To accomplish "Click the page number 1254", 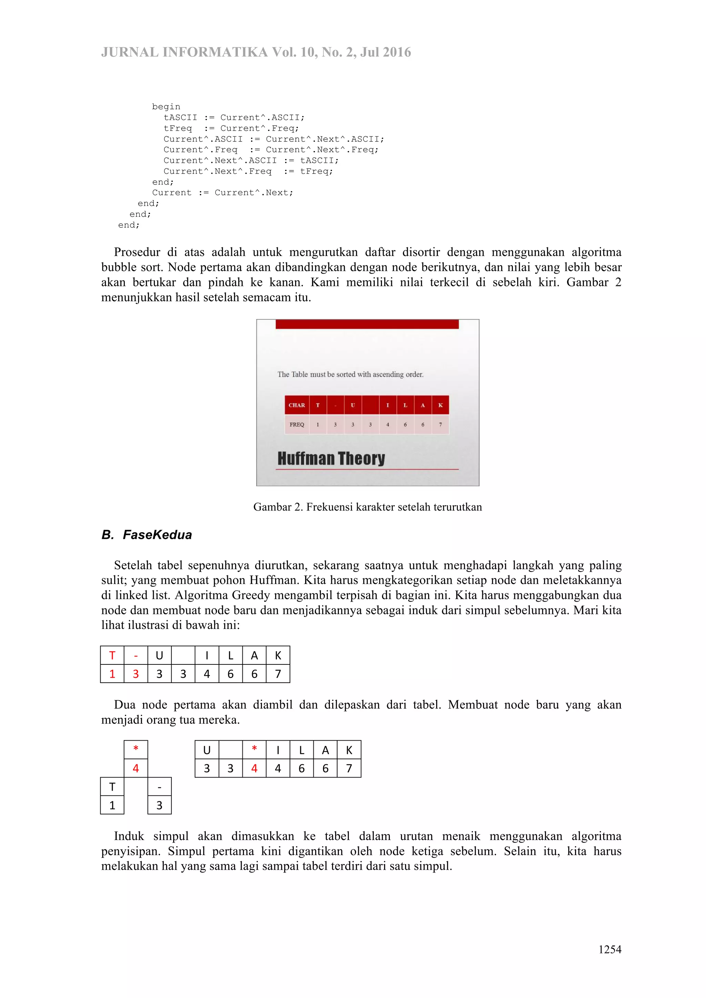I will (x=609, y=949).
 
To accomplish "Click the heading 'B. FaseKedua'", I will (x=147, y=535).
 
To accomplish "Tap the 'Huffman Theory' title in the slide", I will (x=331, y=458).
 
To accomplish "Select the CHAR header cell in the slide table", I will (x=296, y=405).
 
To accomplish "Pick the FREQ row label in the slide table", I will (x=296, y=425).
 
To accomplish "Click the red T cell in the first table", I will (x=112, y=656).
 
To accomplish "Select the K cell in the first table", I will (x=278, y=656).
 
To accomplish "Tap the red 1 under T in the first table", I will (x=112, y=674).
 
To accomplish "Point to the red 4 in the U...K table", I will (x=254, y=768).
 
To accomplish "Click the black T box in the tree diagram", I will (x=112, y=787).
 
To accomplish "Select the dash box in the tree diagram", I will (x=160, y=787).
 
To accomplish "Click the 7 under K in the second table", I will (x=349, y=768).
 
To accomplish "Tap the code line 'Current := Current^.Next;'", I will (x=223, y=193).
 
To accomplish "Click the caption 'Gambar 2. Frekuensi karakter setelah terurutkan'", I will (x=367, y=507).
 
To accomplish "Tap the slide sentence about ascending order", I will (x=350, y=374).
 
